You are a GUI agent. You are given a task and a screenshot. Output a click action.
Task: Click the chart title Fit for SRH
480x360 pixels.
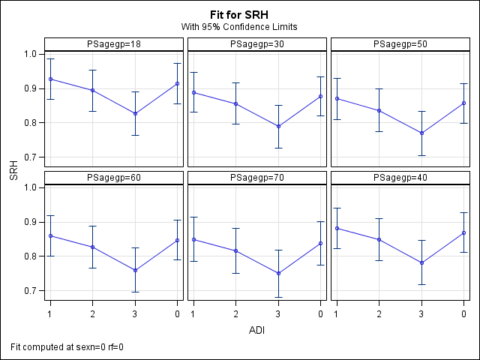point(240,14)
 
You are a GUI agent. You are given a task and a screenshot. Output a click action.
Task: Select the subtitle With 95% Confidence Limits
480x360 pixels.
point(240,27)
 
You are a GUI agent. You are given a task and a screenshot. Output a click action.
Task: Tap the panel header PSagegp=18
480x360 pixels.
point(113,45)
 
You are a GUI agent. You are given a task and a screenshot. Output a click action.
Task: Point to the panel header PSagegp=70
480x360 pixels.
point(256,178)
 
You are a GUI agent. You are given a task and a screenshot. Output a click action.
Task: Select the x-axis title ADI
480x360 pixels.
point(257,329)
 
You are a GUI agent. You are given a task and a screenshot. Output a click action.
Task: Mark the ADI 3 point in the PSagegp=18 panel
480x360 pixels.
point(135,113)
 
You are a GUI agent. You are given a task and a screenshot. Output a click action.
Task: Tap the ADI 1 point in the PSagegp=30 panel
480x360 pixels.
point(193,92)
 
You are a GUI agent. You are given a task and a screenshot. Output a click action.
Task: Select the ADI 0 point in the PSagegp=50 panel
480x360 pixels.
point(464,103)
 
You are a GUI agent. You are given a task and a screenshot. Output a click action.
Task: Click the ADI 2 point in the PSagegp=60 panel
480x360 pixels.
point(92,247)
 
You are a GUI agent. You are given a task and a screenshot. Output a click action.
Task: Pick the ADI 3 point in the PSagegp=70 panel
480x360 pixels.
point(278,273)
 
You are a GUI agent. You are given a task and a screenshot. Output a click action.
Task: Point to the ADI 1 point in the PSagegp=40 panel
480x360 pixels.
point(337,228)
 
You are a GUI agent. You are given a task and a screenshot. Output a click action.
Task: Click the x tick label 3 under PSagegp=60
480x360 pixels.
point(135,312)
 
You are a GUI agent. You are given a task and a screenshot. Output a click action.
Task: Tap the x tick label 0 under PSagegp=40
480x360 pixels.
point(464,312)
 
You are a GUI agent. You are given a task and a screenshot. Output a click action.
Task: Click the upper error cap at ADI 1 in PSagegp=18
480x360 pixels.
point(50,58)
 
